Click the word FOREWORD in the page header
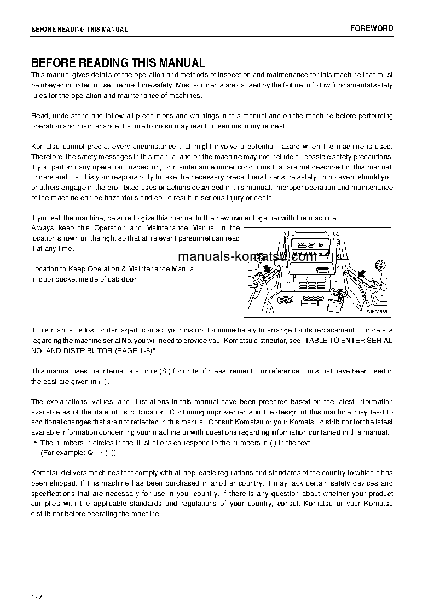point(372,28)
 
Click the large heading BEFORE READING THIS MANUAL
point(118,63)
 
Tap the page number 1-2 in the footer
point(36,597)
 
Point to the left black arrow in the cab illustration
point(267,268)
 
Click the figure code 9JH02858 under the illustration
point(377,312)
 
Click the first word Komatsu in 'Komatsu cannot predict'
point(44,146)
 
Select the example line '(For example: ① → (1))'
point(78,453)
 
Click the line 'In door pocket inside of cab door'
point(84,279)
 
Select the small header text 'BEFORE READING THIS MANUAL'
point(79,30)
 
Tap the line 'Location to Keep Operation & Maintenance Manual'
point(113,269)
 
